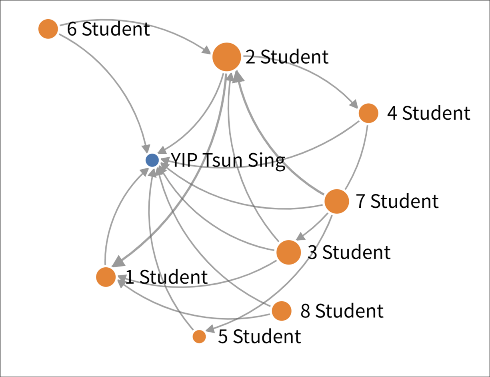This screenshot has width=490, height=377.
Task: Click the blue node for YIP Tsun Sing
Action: point(152,160)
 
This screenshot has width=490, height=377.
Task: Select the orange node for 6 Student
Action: point(48,29)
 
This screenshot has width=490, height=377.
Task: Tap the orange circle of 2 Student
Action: point(226,57)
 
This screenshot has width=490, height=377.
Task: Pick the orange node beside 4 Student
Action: point(368,113)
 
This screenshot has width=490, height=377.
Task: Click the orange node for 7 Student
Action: point(336,201)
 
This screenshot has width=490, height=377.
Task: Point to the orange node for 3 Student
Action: point(288,253)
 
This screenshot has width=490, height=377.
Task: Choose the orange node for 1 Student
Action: point(106,277)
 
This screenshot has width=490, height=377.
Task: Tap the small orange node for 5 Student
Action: point(199,336)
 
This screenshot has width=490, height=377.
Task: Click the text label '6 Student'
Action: point(108,30)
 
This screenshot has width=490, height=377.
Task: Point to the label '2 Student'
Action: point(287,57)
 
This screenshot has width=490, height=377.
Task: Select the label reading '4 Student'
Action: point(428,114)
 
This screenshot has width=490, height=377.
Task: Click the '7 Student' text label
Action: point(397,201)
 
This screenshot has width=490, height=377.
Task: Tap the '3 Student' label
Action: point(349,253)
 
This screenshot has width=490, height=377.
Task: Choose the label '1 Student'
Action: point(167,277)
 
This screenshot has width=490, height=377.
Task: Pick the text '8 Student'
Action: point(342,311)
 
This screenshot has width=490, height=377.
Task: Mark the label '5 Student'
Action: point(259,337)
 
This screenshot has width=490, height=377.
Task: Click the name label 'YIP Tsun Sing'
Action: point(228,161)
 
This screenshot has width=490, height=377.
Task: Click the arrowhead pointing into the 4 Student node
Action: point(354,104)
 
